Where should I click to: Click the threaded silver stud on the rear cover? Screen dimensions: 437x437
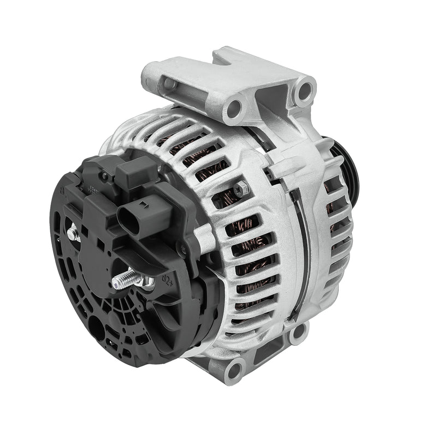coord(125,281)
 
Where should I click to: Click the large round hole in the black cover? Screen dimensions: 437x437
coord(94,329)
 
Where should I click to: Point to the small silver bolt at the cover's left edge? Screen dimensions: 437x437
coord(72,234)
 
